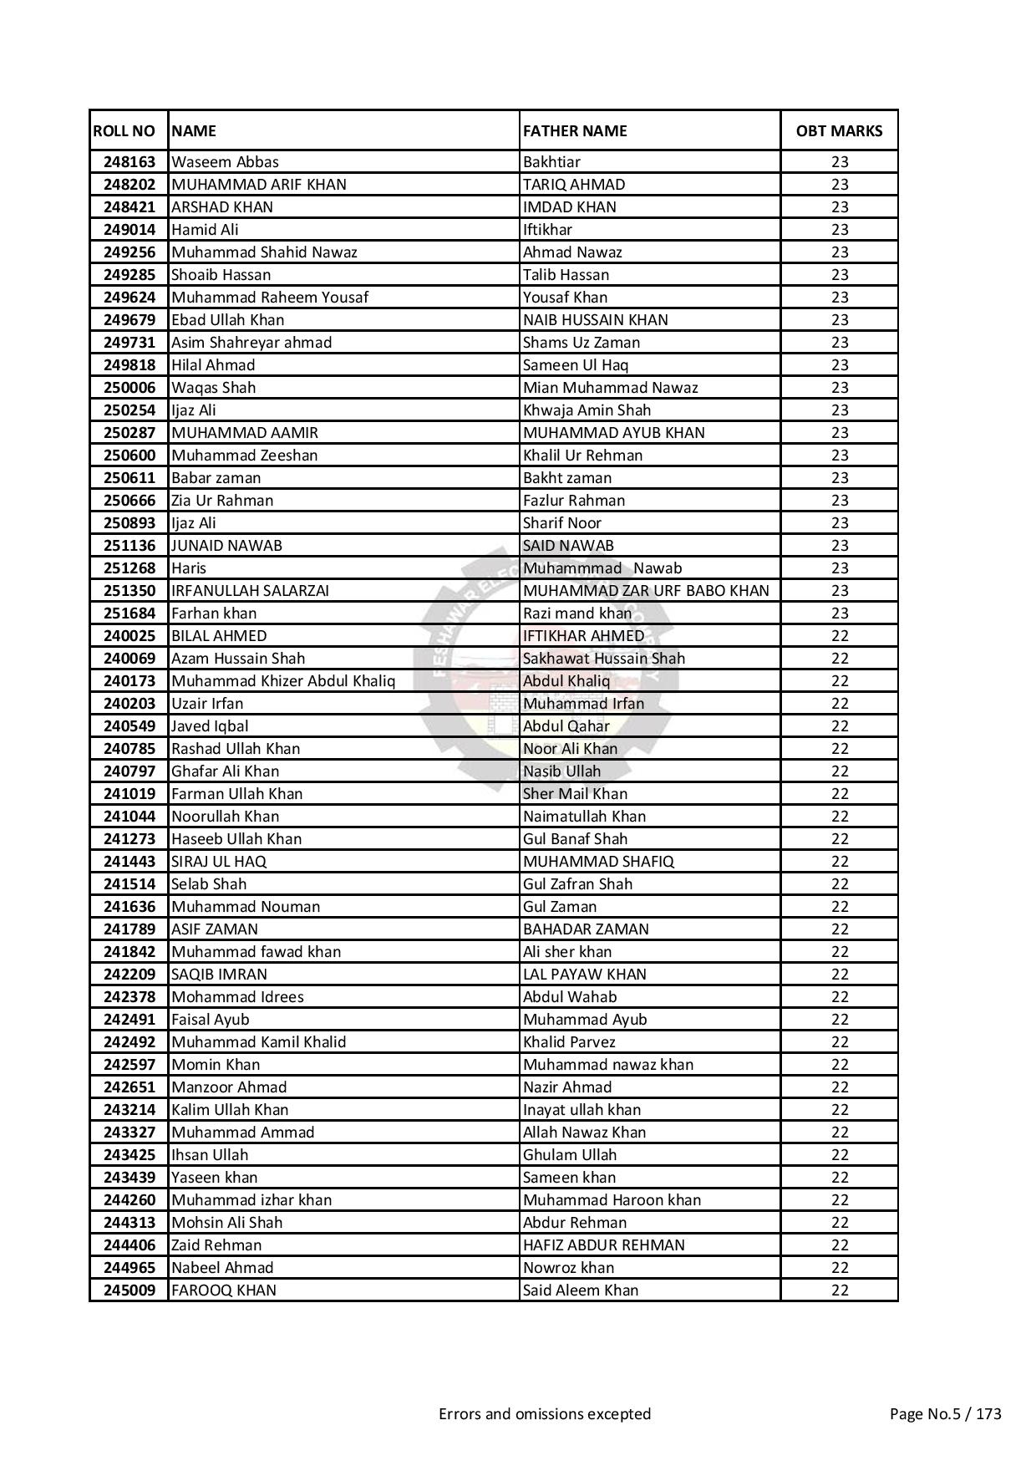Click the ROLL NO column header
click(124, 130)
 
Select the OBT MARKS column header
click(839, 130)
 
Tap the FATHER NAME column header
click(575, 130)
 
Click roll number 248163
click(129, 162)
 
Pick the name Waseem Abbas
click(225, 162)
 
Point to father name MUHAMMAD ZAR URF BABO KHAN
click(646, 591)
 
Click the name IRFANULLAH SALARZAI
click(250, 591)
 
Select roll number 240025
click(129, 636)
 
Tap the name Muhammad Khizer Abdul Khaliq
click(283, 681)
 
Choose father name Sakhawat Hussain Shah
click(604, 659)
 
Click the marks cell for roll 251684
click(840, 613)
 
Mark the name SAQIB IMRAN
click(219, 975)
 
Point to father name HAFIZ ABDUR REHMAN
click(604, 1245)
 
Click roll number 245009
click(129, 1290)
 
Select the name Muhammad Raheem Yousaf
click(269, 298)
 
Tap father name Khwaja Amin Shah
click(587, 410)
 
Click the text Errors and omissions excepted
click(545, 1414)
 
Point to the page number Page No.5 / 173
click(946, 1414)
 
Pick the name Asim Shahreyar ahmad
click(251, 343)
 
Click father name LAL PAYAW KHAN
click(585, 975)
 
